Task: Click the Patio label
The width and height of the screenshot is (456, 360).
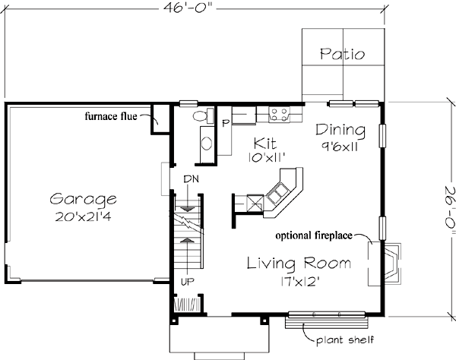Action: [342, 55]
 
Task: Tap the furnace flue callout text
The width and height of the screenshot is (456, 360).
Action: [116, 117]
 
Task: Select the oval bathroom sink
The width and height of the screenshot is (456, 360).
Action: [205, 145]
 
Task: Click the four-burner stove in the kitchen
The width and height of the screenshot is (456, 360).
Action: [279, 115]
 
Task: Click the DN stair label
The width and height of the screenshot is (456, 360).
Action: [192, 179]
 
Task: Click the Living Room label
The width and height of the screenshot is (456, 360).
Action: [299, 264]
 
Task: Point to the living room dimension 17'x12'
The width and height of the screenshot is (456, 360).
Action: [299, 280]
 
